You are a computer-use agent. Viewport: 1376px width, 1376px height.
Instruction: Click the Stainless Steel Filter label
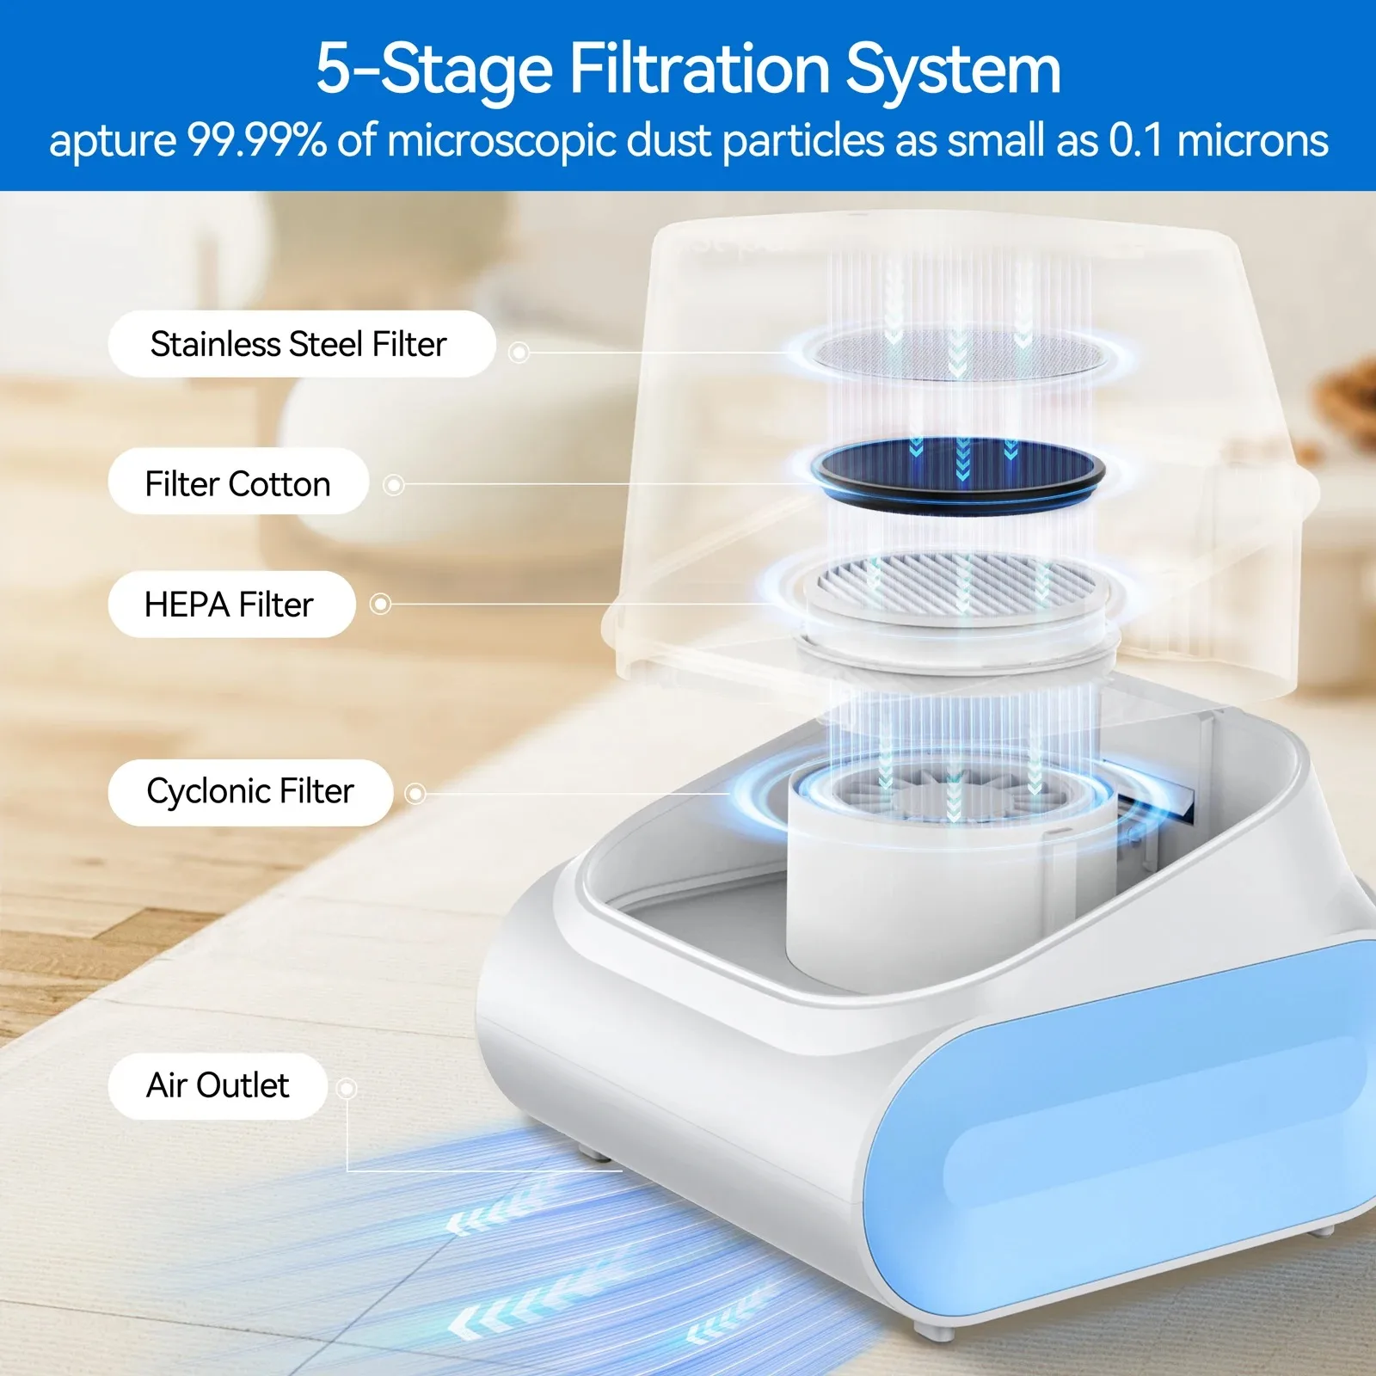(301, 344)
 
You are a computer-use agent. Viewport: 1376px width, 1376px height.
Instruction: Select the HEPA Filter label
(231, 605)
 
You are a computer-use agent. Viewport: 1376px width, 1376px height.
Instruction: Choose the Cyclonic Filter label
(250, 792)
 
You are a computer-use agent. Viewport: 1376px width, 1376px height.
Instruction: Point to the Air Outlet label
(218, 1086)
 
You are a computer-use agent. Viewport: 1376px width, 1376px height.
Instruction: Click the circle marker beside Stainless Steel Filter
(519, 353)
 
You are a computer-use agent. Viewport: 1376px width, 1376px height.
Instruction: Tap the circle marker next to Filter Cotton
(394, 485)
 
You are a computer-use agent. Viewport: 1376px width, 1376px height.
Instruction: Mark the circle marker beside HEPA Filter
(380, 605)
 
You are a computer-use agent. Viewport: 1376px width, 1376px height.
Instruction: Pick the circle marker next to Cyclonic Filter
(415, 793)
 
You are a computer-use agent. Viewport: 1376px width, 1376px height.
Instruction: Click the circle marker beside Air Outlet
(347, 1090)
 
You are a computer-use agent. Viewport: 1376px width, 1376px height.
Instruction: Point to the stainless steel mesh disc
(958, 353)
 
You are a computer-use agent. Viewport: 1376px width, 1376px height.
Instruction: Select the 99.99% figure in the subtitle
(257, 140)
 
